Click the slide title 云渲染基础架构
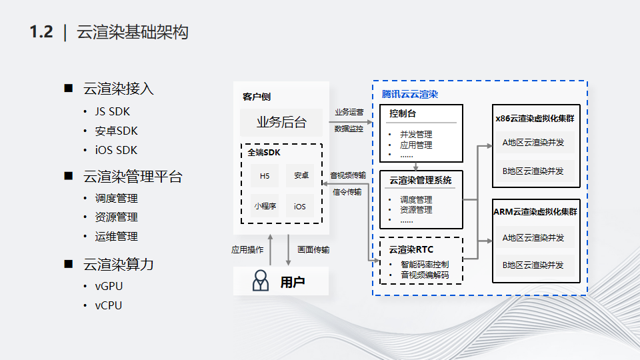[x=133, y=32]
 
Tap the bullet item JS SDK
[x=112, y=111]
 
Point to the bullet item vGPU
[x=109, y=286]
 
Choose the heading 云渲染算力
[x=119, y=265]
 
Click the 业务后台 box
[x=281, y=122]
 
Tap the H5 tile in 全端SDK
[x=265, y=176]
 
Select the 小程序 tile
[x=265, y=206]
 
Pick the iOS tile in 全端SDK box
[x=300, y=206]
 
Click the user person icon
[x=260, y=282]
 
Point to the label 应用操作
[x=247, y=250]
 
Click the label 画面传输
[x=313, y=250]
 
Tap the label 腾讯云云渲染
[x=410, y=95]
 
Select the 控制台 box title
[x=403, y=114]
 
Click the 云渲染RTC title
[x=411, y=250]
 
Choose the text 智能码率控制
[x=425, y=264]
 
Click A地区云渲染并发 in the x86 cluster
[x=533, y=143]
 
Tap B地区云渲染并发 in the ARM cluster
[x=533, y=265]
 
